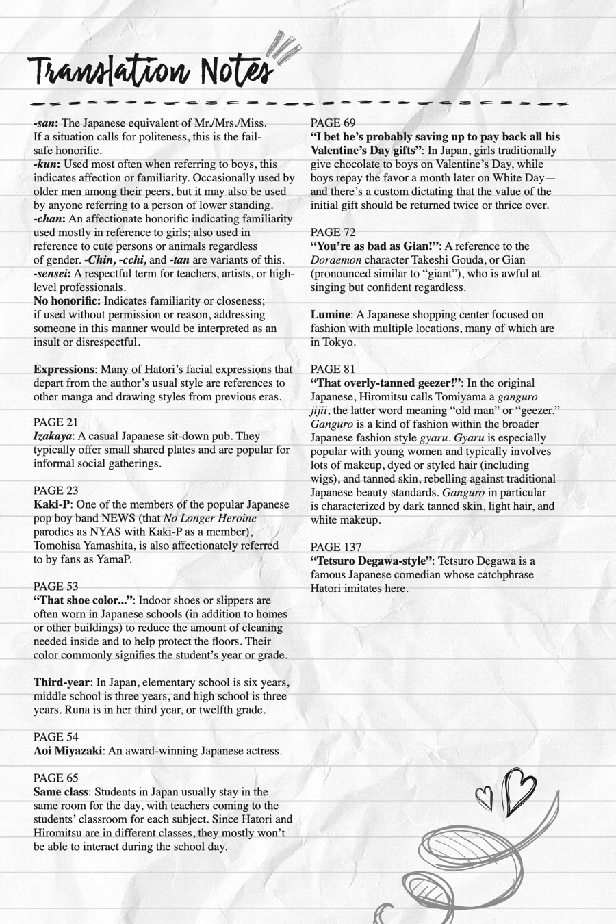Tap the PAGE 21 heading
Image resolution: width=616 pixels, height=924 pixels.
click(56, 422)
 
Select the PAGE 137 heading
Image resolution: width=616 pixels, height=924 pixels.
click(336, 547)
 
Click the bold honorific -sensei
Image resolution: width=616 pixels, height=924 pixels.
click(52, 273)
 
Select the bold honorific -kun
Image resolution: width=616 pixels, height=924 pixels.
click(47, 164)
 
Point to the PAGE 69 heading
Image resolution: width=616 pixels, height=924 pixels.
click(333, 123)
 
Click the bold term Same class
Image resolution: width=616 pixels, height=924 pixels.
click(60, 792)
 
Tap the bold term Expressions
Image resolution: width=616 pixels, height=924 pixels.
click(64, 369)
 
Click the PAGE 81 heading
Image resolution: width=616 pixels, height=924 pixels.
click(333, 369)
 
